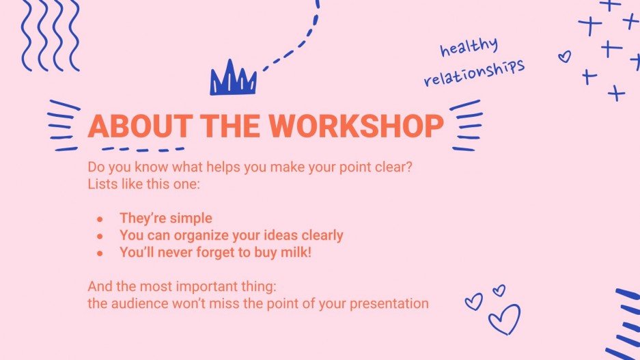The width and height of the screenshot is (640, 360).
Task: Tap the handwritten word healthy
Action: coord(469,49)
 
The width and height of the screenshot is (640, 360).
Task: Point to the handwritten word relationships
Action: coord(474,72)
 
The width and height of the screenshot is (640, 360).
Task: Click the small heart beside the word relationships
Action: coord(564,57)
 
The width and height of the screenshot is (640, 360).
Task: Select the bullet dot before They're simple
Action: coord(100,219)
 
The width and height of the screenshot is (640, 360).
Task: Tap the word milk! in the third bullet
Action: coord(311,252)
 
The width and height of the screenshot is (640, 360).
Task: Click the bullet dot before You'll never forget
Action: coord(100,253)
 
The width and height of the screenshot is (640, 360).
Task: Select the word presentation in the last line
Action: coord(389,303)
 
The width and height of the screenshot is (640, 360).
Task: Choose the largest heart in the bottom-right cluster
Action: coord(504,319)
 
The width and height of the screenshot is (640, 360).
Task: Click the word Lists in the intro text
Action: coord(101,184)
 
